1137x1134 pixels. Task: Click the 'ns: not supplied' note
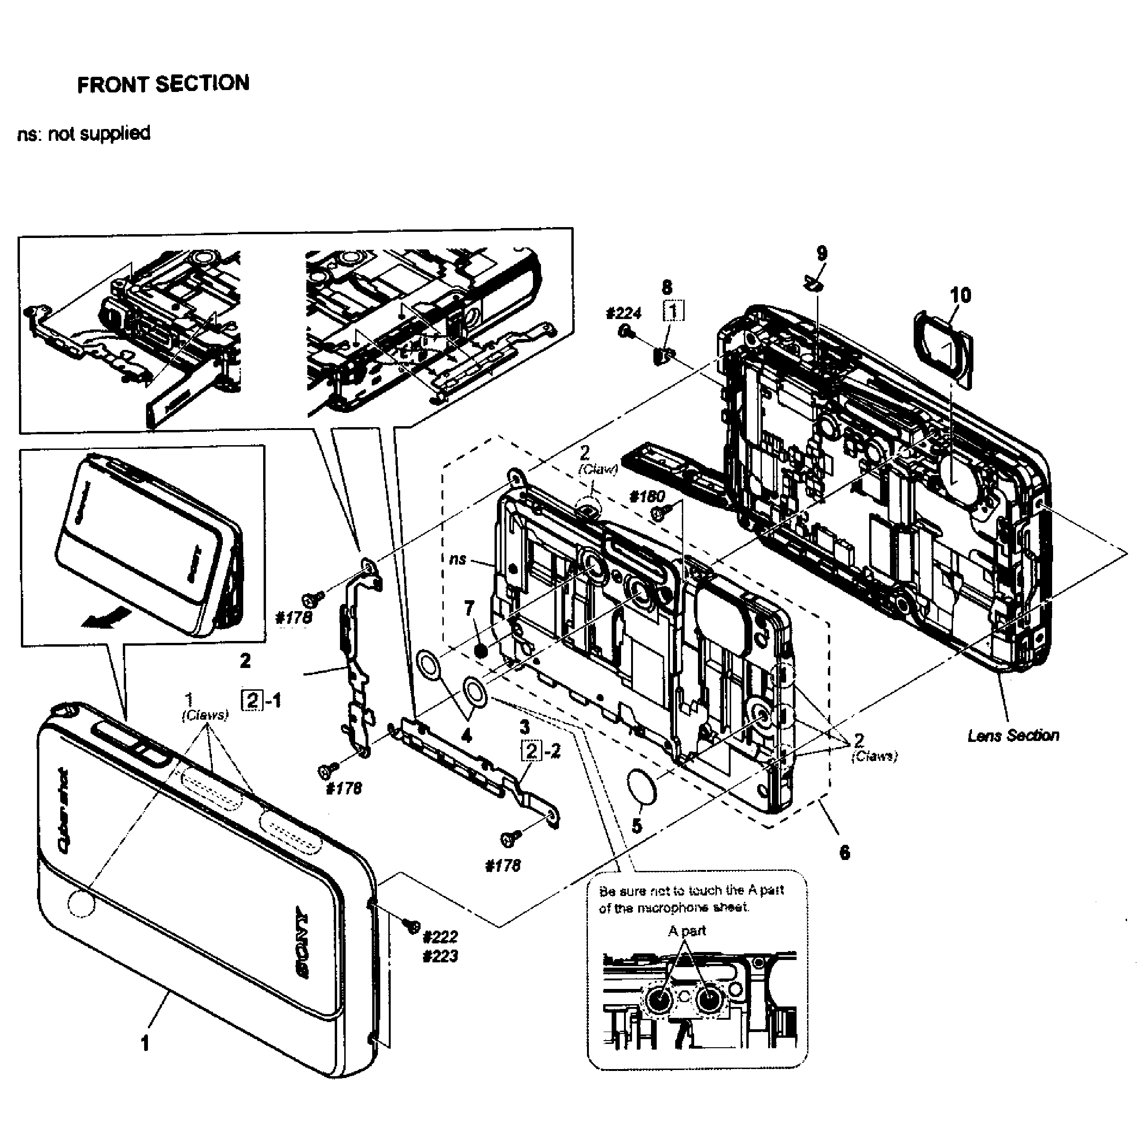(83, 134)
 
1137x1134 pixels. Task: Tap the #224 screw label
(623, 313)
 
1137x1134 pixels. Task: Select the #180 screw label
(647, 497)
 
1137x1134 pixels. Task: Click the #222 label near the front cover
(440, 936)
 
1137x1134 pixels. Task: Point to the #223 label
(440, 956)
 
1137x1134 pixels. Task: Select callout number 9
(822, 254)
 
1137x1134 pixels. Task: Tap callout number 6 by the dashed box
(844, 851)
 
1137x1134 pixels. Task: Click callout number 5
(636, 826)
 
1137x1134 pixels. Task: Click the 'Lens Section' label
(1013, 735)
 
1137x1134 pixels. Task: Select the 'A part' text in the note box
(686, 931)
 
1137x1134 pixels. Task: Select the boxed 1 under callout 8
(674, 310)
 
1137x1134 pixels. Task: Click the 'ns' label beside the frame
(457, 559)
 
